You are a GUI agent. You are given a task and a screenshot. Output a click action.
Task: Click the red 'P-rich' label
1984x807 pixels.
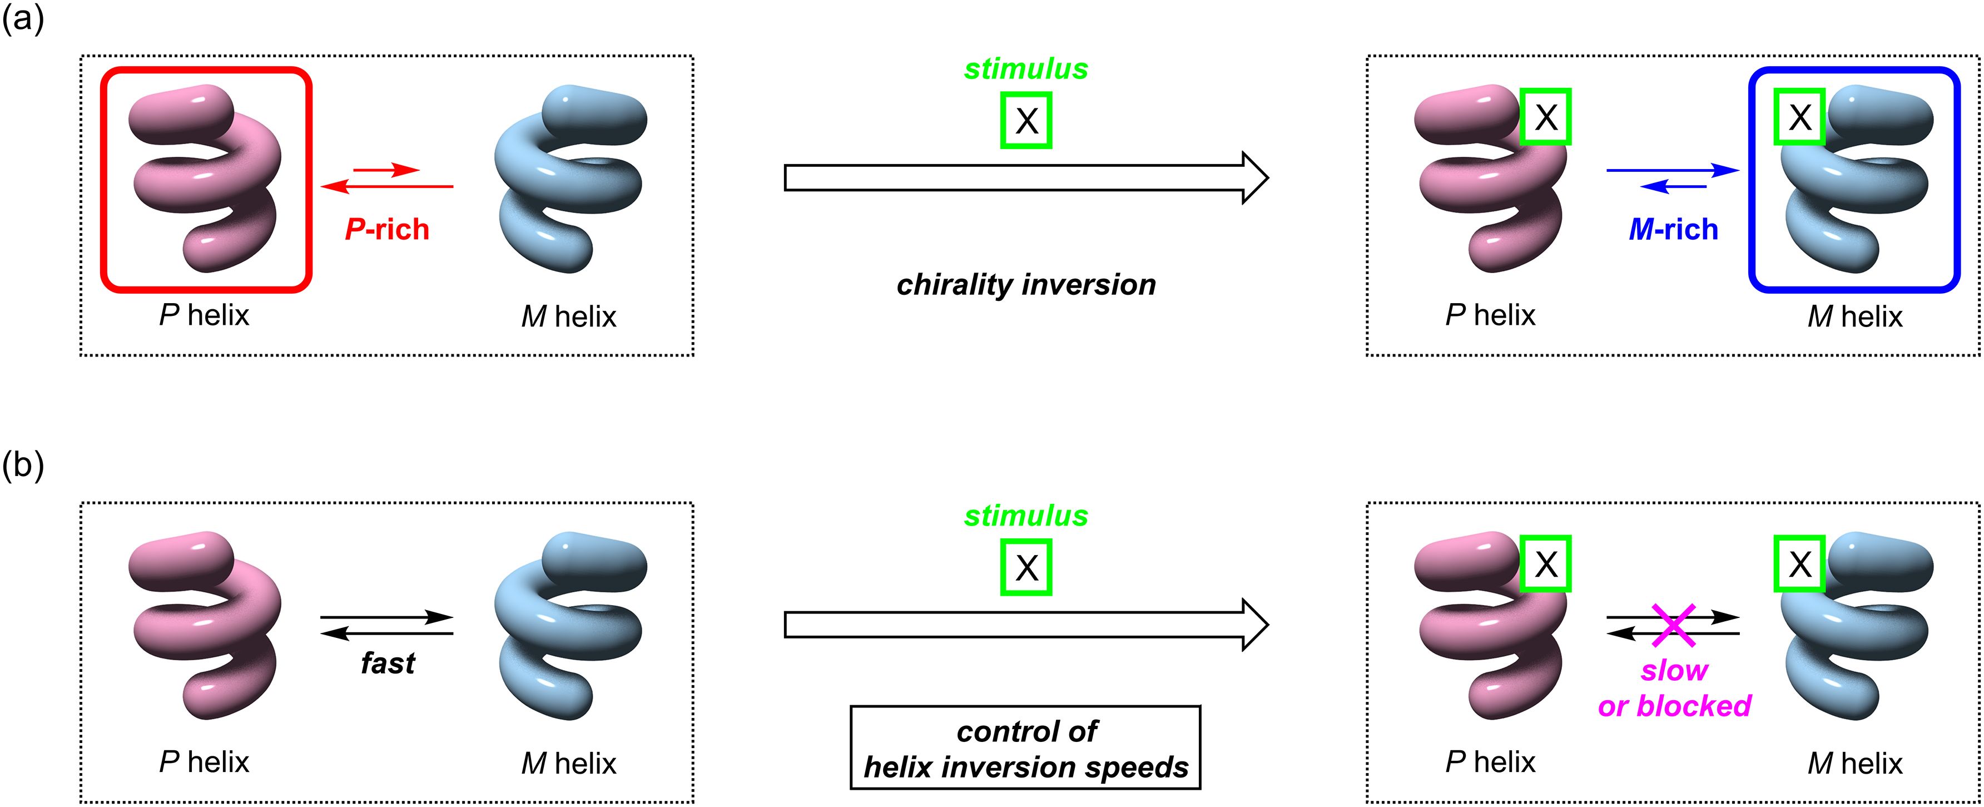pyautogui.click(x=386, y=230)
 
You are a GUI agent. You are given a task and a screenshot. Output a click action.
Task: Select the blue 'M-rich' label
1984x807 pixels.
pyautogui.click(x=1673, y=230)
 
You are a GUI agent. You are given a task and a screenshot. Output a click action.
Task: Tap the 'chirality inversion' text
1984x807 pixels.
pyautogui.click(x=1026, y=285)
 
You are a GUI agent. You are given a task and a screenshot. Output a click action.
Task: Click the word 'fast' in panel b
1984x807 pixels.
pyautogui.click(x=388, y=663)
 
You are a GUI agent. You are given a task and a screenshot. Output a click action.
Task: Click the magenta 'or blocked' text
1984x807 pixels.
pyautogui.click(x=1674, y=705)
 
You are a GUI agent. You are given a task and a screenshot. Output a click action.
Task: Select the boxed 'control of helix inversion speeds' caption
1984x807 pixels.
pyautogui.click(x=1025, y=747)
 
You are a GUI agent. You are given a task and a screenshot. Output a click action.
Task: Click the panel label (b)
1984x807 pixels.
pyautogui.click(x=23, y=465)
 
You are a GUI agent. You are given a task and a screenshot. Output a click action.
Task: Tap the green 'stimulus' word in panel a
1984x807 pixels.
pyautogui.click(x=1026, y=70)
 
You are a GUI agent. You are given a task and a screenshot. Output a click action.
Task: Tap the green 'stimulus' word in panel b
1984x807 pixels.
pyautogui.click(x=1026, y=516)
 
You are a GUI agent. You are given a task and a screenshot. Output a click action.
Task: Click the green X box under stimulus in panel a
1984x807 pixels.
pyautogui.click(x=1026, y=120)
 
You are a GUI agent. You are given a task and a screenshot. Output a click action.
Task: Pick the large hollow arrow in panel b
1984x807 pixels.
pyautogui.click(x=1024, y=625)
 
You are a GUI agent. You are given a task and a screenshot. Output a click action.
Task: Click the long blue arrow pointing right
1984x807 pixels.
pyautogui.click(x=1672, y=170)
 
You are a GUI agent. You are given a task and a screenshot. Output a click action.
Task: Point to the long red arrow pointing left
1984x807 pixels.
pyautogui.click(x=386, y=186)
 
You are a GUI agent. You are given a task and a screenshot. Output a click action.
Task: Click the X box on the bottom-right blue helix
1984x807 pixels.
pyautogui.click(x=1799, y=565)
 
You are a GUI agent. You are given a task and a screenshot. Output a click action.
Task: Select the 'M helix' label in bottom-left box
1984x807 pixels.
pyautogui.click(x=568, y=763)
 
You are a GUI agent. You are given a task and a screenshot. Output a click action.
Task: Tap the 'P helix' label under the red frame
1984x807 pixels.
pyautogui.click(x=204, y=315)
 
